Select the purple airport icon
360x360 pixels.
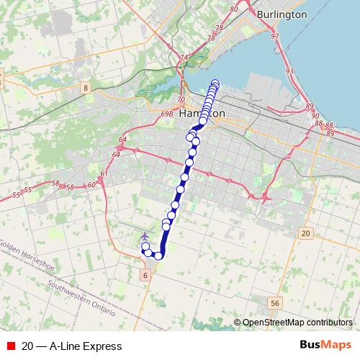coord(145,236)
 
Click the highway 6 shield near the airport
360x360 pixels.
coord(145,275)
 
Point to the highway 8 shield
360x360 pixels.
coord(86,88)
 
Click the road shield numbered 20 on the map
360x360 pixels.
coord(306,233)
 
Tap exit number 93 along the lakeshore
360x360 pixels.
coord(289,71)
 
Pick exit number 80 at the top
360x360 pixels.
coord(233,9)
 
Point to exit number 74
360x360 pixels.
coord(184,57)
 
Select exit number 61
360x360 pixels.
coord(105,173)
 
